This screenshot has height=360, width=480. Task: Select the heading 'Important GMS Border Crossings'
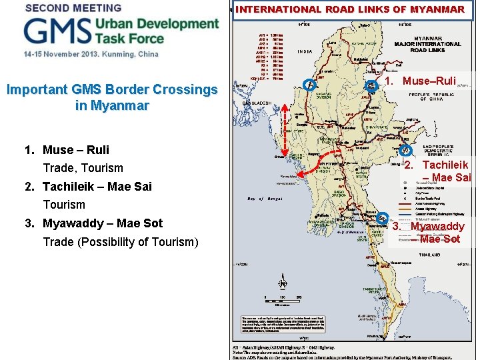point(112,89)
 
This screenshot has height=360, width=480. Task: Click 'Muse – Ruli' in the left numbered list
point(75,150)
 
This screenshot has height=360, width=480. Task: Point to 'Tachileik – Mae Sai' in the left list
point(97,187)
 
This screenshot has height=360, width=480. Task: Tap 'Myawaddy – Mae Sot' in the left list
point(102,223)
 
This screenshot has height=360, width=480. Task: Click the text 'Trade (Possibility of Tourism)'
point(121,241)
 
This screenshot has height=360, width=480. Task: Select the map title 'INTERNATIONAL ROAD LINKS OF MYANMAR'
point(350,10)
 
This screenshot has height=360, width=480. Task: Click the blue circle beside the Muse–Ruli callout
point(371,85)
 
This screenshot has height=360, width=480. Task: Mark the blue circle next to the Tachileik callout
point(405,150)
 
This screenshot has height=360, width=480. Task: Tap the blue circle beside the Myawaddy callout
point(381,218)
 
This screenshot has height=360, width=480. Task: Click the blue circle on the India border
point(308,85)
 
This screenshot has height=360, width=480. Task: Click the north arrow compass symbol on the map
point(282,283)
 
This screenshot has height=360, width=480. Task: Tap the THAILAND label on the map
point(429,254)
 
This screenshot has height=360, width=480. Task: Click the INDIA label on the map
point(305,51)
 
